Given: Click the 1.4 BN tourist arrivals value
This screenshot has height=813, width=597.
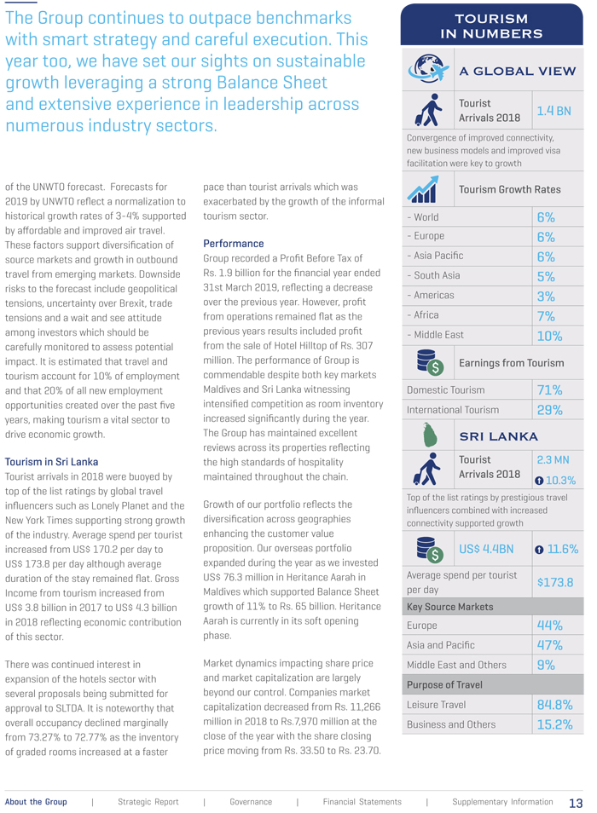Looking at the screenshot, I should click(x=554, y=111).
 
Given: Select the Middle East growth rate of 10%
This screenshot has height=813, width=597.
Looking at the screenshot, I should click(x=549, y=336).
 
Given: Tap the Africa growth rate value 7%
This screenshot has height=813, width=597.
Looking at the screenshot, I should click(x=546, y=316).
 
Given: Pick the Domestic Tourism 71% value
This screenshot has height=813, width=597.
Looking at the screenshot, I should click(x=549, y=390).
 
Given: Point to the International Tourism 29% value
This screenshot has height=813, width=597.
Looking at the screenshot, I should click(x=549, y=410).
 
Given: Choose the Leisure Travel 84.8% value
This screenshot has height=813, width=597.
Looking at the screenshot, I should click(x=554, y=705).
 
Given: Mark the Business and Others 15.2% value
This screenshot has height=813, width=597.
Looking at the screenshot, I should click(x=554, y=724).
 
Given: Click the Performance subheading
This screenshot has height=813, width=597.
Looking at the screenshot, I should click(x=233, y=244).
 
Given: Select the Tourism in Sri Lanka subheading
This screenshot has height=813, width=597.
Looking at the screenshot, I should click(x=51, y=462).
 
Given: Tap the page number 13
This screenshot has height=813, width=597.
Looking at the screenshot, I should click(x=576, y=803).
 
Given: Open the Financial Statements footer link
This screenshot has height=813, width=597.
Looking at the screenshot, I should click(x=362, y=802).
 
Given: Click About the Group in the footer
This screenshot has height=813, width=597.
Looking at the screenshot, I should click(x=36, y=802).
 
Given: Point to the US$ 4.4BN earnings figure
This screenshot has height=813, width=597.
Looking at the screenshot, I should click(x=486, y=549).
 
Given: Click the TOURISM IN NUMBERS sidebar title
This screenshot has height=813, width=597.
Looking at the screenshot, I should click(x=491, y=26).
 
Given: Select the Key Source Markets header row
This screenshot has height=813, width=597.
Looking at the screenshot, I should click(x=492, y=607).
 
